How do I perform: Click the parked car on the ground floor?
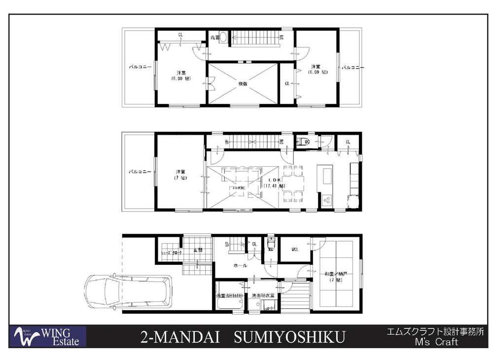(128, 292)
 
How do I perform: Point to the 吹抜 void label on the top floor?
(243, 84)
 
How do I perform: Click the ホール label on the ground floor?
(240, 265)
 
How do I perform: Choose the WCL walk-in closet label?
(295, 249)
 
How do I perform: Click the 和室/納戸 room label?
(336, 277)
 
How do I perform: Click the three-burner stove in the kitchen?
(326, 200)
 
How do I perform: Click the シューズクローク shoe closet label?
(171, 252)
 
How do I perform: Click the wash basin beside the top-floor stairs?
(222, 37)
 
